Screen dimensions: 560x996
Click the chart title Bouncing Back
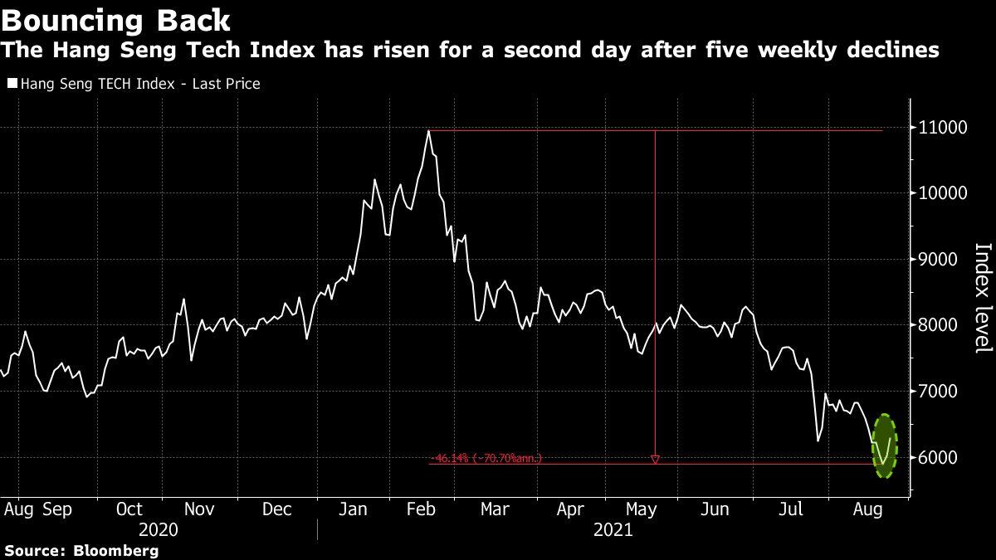117,18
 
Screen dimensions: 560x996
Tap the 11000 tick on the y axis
941,128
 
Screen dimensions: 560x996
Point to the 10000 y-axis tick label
941,193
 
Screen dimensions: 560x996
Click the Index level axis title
983,297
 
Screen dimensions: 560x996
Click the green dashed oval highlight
884,446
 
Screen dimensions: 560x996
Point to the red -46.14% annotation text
486,457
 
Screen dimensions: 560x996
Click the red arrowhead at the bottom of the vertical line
655,459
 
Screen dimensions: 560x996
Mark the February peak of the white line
428,131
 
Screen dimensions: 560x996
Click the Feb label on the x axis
425,509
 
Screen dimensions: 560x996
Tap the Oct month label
129,509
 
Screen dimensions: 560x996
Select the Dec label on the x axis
276,509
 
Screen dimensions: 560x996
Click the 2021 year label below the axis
615,529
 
